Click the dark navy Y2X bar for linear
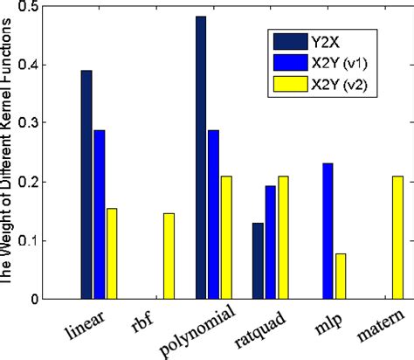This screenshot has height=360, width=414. (x=86, y=184)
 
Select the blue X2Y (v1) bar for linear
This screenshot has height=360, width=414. (x=99, y=214)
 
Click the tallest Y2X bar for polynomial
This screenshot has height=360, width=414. (x=201, y=157)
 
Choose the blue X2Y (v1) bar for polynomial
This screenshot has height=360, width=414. (x=213, y=214)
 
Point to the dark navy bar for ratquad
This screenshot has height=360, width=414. (x=258, y=261)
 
